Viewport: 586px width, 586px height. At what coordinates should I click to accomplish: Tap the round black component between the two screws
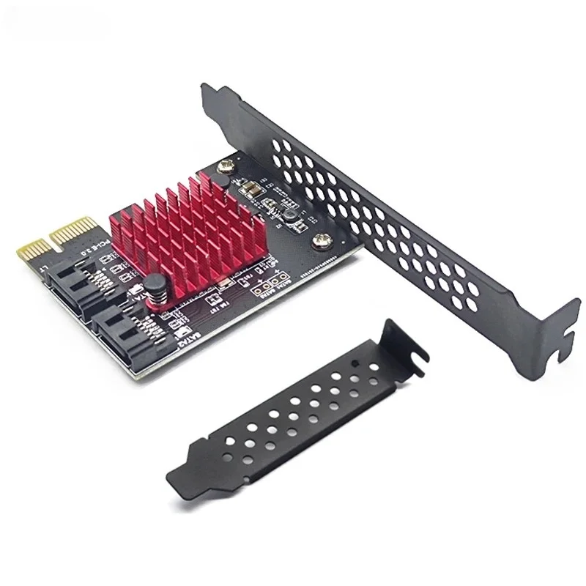(x=287, y=215)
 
